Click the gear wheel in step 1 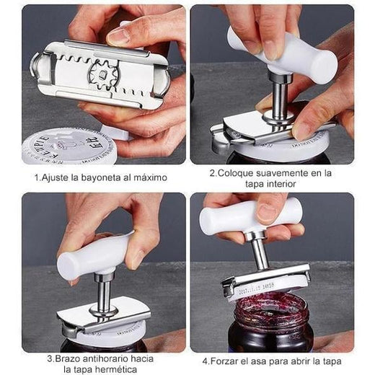pyautogui.click(x=103, y=74)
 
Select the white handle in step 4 pyautogui.click(x=250, y=216)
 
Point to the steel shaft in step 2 pyautogui.click(x=280, y=96)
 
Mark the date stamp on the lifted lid pyautogui.click(x=257, y=288)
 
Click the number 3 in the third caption pyautogui.click(x=50, y=359)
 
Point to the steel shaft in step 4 pyautogui.click(x=260, y=251)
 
